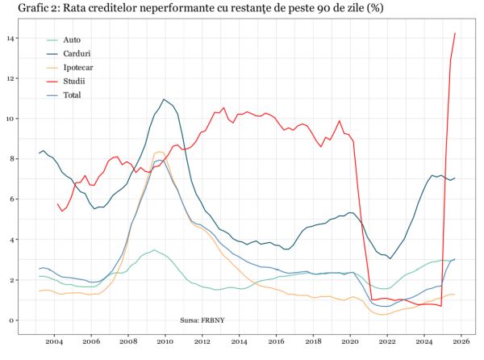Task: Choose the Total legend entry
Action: pyautogui.click(x=72, y=95)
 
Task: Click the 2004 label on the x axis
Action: pyautogui.click(x=54, y=341)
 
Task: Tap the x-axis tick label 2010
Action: pyautogui.click(x=165, y=341)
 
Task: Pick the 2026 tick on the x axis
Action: pyautogui.click(x=460, y=341)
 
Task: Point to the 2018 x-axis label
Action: pyautogui.click(x=312, y=341)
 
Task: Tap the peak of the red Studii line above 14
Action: pyautogui.click(x=455, y=33)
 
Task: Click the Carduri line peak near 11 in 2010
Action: pyautogui.click(x=164, y=99)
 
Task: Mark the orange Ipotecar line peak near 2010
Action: pyautogui.click(x=160, y=152)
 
